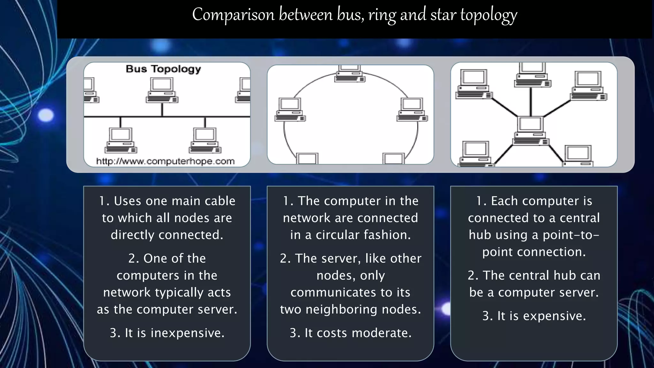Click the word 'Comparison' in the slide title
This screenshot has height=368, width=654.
pyautogui.click(x=233, y=15)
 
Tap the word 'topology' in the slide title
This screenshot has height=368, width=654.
pyautogui.click(x=488, y=15)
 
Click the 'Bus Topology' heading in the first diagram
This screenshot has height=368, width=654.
pyautogui.click(x=163, y=69)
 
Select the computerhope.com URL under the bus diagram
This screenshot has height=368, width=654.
pyautogui.click(x=165, y=161)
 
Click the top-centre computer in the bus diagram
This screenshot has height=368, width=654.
pyautogui.click(x=162, y=90)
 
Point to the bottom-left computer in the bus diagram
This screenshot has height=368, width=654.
pyautogui.click(x=121, y=141)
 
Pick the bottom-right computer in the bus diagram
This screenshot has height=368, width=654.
pyautogui.click(x=205, y=141)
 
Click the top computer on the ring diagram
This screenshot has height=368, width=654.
pyautogui.click(x=350, y=73)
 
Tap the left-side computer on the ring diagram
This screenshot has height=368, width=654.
pyautogui.click(x=290, y=110)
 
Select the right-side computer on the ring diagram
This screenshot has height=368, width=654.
pyautogui.click(x=412, y=110)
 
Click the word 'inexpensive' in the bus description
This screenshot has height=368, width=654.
pyautogui.click(x=187, y=333)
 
